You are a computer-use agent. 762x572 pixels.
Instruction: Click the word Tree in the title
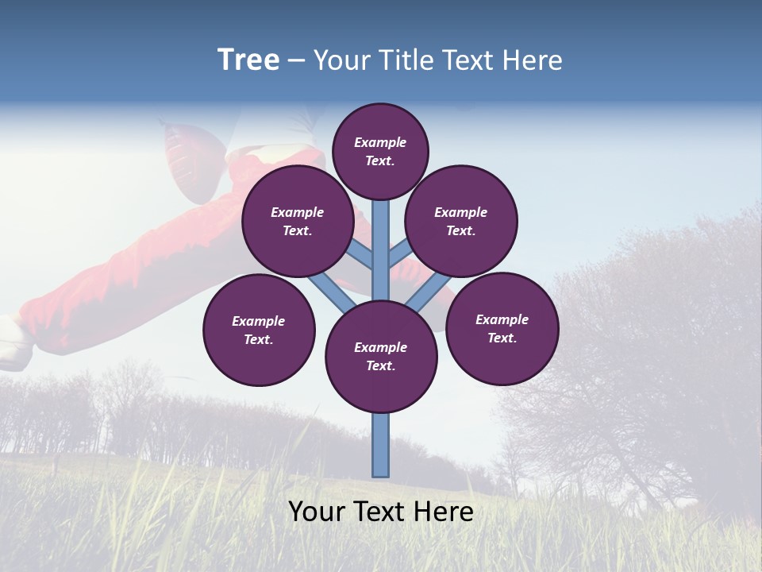point(248,60)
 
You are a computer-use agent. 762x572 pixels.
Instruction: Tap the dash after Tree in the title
point(296,61)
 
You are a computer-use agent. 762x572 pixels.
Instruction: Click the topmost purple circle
point(380,151)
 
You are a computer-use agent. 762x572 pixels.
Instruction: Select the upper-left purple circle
point(298,221)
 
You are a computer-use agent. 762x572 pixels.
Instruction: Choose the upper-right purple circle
point(461,221)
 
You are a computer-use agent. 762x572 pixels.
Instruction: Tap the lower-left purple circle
point(259,330)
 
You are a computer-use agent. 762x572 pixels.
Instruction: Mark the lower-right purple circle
point(502,328)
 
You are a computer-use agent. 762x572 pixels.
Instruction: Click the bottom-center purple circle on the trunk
point(381,357)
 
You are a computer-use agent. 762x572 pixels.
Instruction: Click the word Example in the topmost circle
point(380,143)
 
